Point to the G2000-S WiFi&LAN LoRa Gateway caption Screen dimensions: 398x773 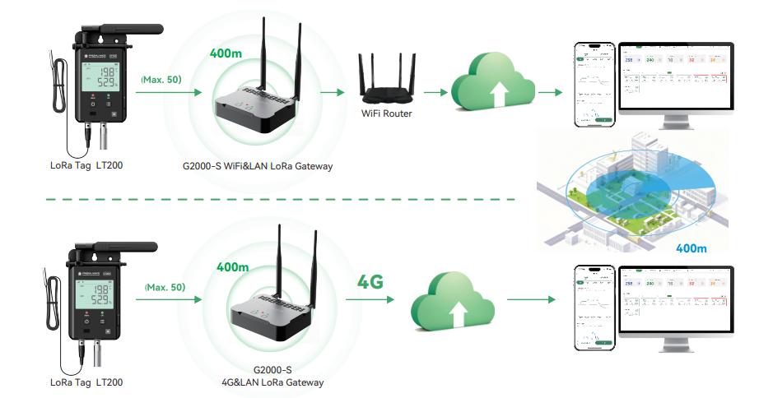coord(258,166)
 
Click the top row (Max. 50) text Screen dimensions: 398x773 coord(161,80)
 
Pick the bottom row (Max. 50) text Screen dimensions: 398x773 coord(164,288)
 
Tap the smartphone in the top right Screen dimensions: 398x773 coord(594,86)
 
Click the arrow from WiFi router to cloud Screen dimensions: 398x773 coord(432,92)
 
